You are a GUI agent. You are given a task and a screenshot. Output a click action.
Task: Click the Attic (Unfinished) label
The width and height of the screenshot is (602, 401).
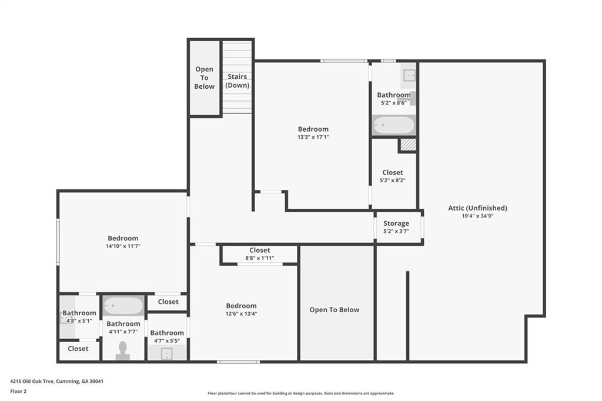(x=477, y=208)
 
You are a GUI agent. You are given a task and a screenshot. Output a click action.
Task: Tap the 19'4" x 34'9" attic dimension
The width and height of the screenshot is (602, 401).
(x=477, y=216)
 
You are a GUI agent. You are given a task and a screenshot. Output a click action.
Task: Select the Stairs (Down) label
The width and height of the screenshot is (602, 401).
(x=238, y=81)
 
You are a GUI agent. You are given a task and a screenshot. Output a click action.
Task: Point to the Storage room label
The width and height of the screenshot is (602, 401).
(x=396, y=223)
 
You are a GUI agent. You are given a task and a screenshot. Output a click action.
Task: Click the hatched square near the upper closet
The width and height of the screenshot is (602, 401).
(x=409, y=145)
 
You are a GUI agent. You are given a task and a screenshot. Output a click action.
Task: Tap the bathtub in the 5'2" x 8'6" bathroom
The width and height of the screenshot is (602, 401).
(x=394, y=125)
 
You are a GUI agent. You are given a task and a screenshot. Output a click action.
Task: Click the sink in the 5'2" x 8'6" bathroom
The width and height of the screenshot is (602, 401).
(x=409, y=75)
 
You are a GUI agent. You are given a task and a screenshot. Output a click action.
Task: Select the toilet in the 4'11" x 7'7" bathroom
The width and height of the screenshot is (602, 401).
(x=123, y=351)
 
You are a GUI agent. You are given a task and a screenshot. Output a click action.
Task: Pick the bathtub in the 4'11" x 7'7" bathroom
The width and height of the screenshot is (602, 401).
(x=123, y=306)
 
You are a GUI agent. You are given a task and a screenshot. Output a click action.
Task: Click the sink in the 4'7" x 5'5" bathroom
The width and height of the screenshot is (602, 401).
(x=166, y=354)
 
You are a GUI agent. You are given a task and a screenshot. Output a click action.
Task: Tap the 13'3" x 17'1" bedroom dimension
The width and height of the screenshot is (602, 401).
(x=313, y=137)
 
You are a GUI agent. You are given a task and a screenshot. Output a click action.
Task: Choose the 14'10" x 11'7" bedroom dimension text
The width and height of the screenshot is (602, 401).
(x=123, y=246)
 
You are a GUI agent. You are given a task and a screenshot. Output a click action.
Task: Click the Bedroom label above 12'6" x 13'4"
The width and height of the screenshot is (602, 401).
(x=241, y=306)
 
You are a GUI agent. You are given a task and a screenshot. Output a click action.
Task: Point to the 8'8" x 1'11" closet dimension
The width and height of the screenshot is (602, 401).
(x=259, y=258)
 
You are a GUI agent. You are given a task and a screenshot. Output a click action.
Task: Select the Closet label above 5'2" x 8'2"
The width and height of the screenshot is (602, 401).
(x=392, y=172)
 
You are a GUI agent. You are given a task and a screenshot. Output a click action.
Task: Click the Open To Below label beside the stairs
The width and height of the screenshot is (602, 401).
(x=204, y=78)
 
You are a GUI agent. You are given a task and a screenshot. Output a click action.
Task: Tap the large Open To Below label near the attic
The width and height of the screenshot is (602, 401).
(x=335, y=310)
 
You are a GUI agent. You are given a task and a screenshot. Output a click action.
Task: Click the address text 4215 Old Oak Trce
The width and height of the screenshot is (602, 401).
(x=32, y=382)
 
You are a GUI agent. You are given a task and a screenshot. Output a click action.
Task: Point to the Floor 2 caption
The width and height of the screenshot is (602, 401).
(x=18, y=392)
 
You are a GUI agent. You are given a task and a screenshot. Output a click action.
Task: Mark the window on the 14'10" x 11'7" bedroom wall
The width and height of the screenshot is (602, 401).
(x=58, y=242)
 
